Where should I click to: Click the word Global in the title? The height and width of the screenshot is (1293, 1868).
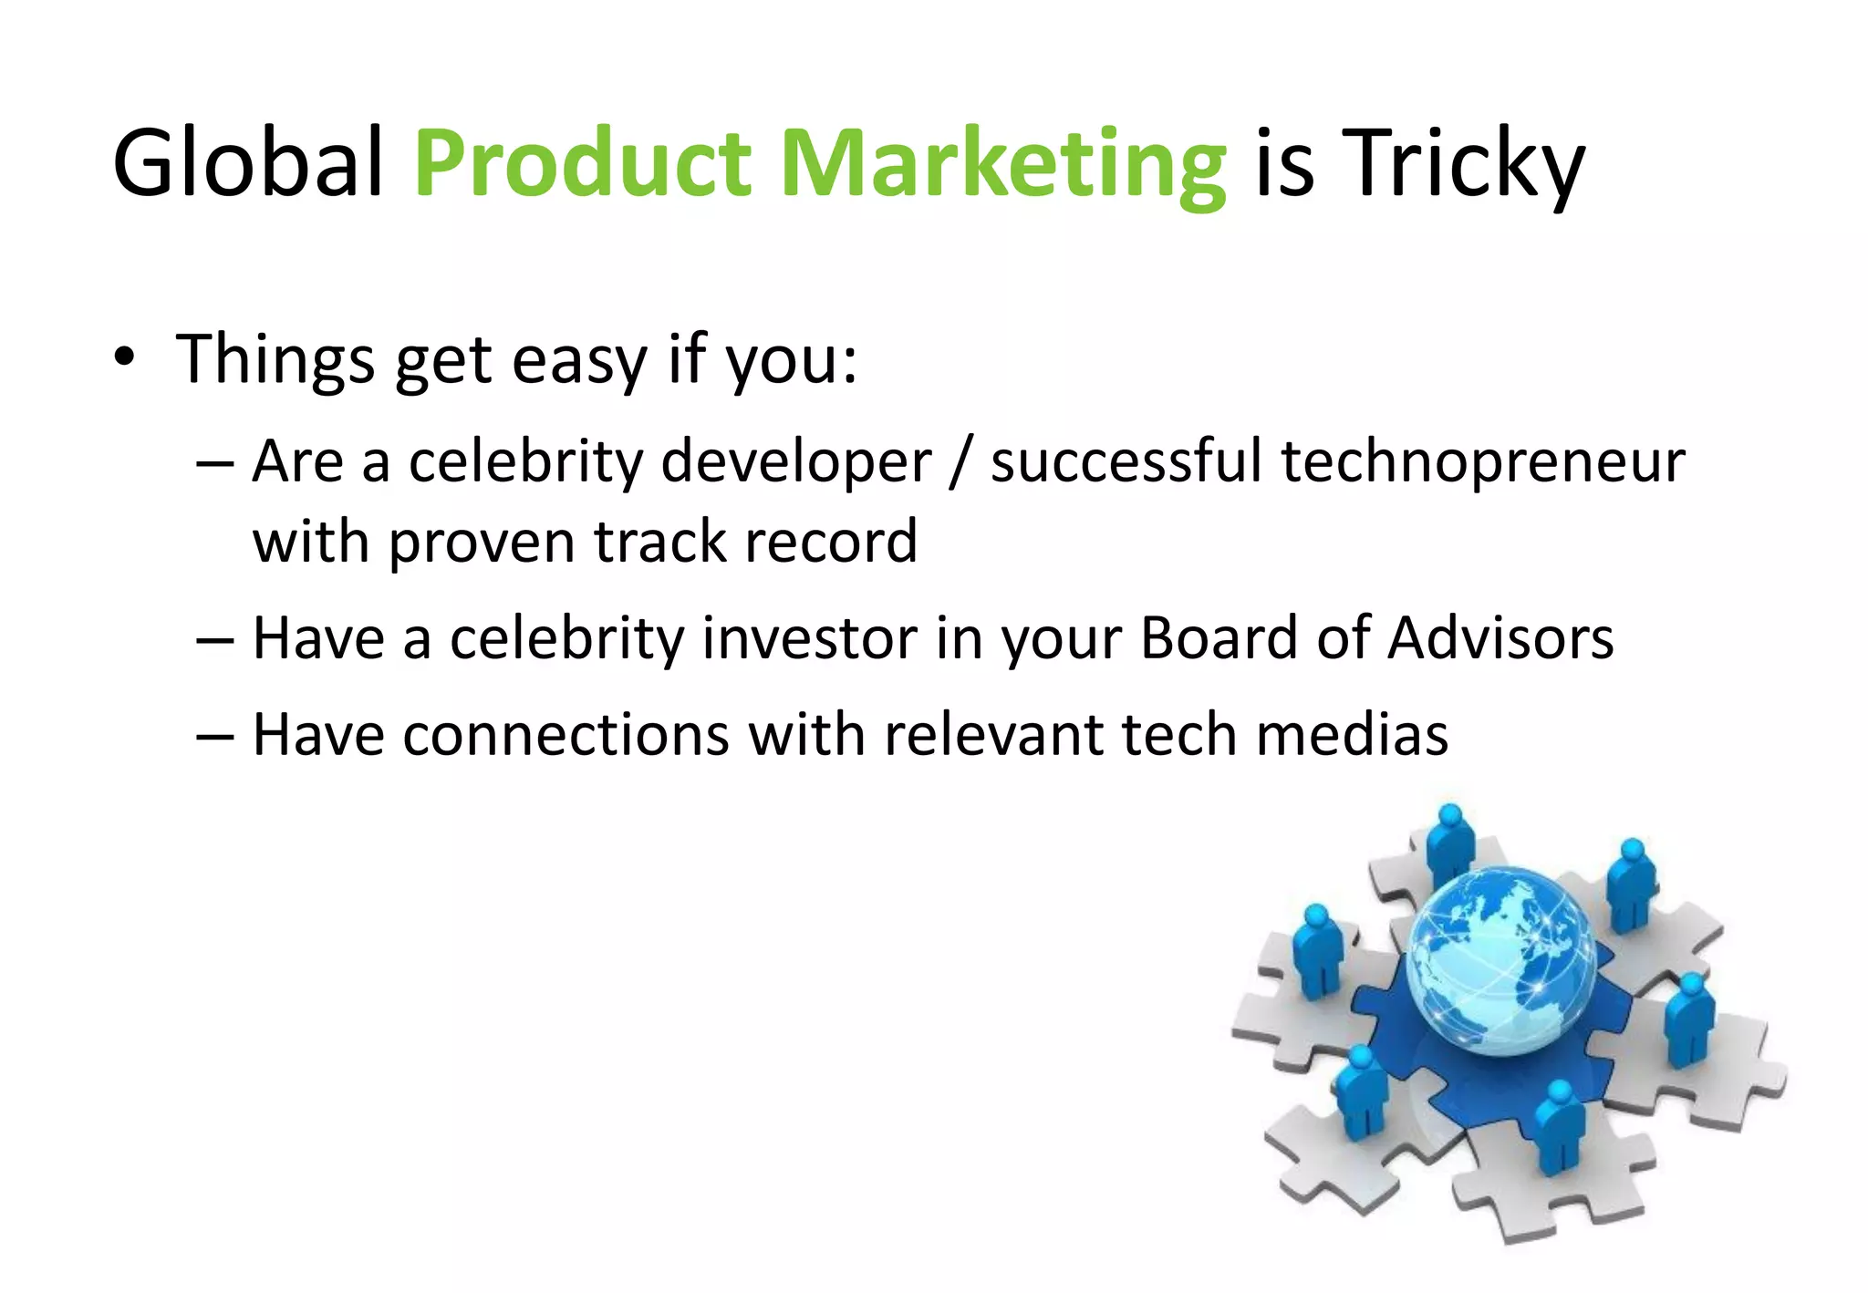click(x=247, y=164)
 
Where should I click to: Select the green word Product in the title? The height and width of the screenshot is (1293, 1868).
click(x=582, y=164)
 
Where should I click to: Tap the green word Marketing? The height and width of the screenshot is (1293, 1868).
click(x=1003, y=164)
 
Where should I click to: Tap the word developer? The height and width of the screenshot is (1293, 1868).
click(x=795, y=462)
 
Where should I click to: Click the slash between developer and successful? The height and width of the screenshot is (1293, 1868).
click(x=959, y=462)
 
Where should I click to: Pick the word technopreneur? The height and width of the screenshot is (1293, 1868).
click(x=1483, y=462)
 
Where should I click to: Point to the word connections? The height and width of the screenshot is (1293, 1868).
click(x=566, y=735)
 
